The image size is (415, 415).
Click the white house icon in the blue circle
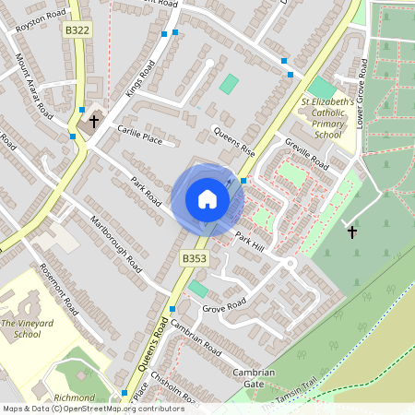pos(207,198)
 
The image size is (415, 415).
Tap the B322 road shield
pos(78,30)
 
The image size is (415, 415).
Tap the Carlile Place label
pos(139,136)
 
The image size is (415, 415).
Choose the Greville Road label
pos(307,153)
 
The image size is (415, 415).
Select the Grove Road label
pos(224,304)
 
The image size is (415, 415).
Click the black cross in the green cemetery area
pos(351,231)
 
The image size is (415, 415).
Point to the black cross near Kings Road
pos(93,120)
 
